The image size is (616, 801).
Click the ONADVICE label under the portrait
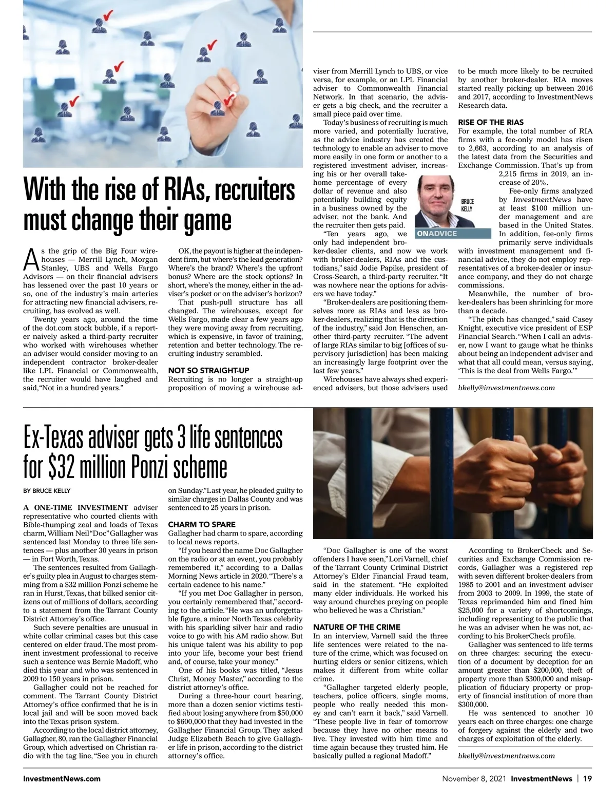[x=437, y=234]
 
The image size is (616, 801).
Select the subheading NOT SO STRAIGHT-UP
[x=208, y=370]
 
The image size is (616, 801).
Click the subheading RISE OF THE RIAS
[x=491, y=122]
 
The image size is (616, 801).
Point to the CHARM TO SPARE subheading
[x=202, y=524]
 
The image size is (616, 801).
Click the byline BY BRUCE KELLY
[x=47, y=490]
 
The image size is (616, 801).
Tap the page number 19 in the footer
[x=587, y=778]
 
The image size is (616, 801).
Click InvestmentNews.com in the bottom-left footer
[x=62, y=778]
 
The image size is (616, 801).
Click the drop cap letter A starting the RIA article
[x=31, y=260]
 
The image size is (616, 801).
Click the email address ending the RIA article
[x=506, y=388]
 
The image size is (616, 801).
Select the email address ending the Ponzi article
[x=506, y=755]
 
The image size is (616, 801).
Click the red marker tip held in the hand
[x=230, y=96]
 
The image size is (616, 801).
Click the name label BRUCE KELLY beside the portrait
[x=467, y=205]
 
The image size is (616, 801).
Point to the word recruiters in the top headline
[x=255, y=190]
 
